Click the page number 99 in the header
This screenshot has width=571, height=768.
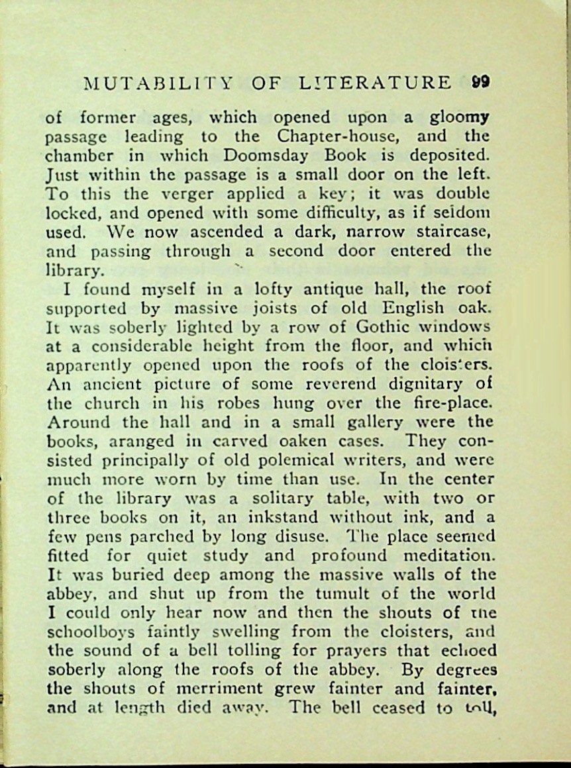click(x=481, y=83)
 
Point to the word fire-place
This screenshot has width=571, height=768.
click(x=449, y=403)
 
